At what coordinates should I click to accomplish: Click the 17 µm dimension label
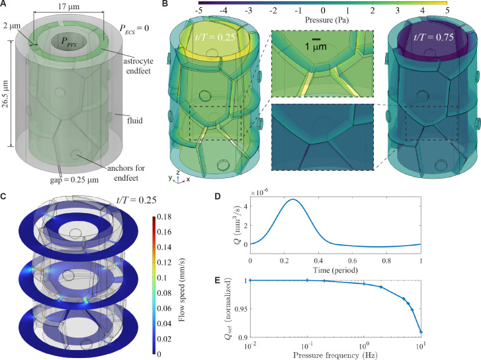pos(68,6)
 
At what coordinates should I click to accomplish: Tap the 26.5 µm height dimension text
pos(5,93)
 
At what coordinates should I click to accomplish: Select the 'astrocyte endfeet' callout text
pos(138,66)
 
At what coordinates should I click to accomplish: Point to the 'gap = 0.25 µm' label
pos(74,180)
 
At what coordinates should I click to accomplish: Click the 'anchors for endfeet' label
pos(126,173)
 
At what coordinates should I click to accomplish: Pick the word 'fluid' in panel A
pos(135,120)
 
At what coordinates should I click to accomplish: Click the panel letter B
pos(165,4)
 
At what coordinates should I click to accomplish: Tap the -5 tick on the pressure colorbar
pos(198,11)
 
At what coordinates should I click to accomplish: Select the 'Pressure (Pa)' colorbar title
pos(327,21)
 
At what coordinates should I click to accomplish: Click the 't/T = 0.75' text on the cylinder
pos(433,37)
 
